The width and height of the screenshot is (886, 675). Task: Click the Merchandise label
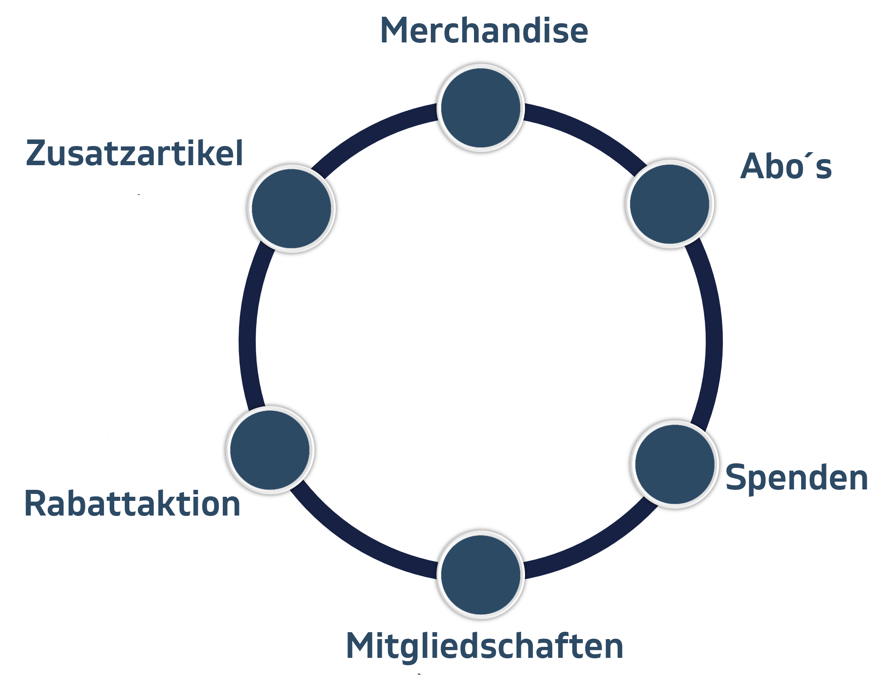[484, 31]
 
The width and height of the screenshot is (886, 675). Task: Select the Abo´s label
[786, 167]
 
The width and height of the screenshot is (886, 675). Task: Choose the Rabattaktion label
[133, 504]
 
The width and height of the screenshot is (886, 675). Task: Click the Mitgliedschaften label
[485, 646]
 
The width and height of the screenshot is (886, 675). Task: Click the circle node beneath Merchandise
[481, 107]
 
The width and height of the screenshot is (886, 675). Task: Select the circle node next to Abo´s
[669, 203]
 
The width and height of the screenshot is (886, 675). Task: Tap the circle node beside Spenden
[675, 463]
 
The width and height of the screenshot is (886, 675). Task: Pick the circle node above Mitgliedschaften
[481, 574]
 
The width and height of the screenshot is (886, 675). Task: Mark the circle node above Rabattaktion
[270, 449]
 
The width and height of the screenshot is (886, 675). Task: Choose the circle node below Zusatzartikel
[291, 208]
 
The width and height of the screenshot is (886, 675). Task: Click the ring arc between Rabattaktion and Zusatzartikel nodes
[248, 330]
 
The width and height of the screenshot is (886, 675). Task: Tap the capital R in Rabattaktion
[35, 504]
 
